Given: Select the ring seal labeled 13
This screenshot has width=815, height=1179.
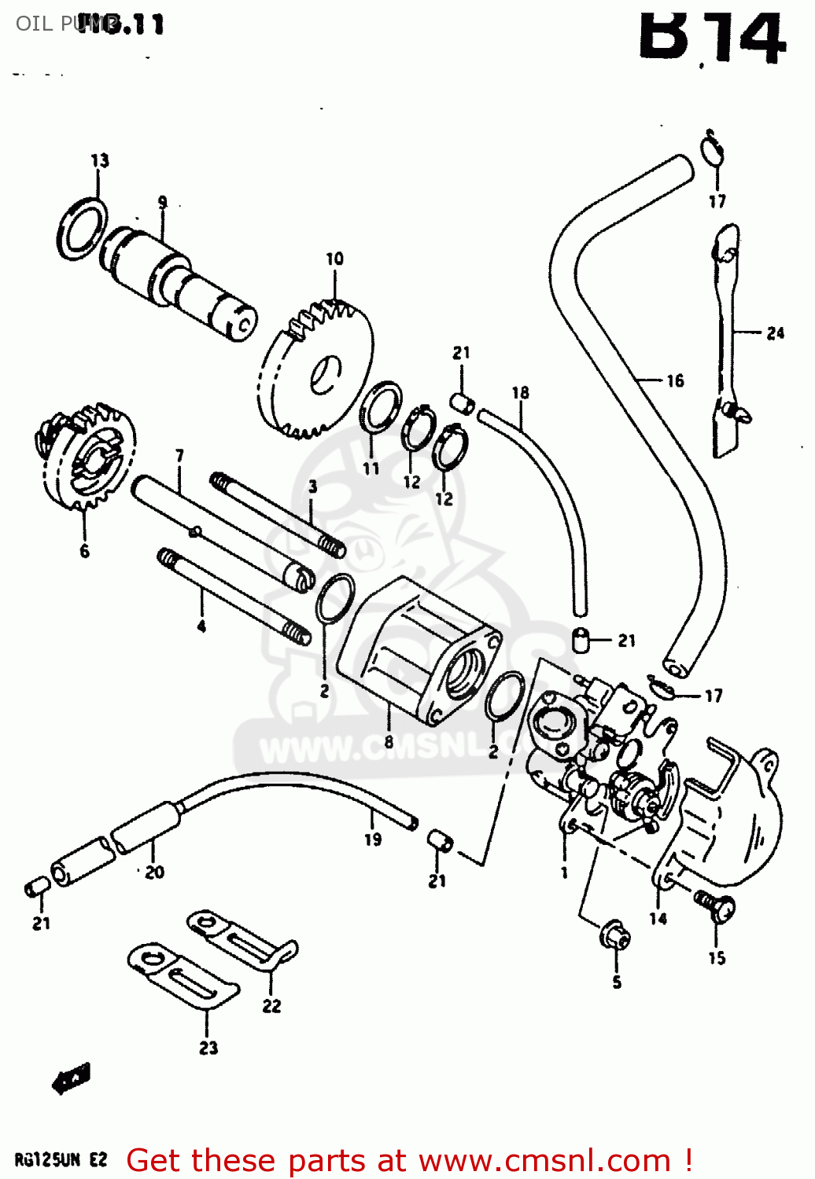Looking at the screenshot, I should coord(82,229).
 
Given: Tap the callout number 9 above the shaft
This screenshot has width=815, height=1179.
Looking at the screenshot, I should coord(162,202).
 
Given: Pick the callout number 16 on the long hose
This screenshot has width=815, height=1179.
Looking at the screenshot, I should coord(675,381).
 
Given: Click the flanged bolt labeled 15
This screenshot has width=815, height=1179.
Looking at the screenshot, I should coord(715,908).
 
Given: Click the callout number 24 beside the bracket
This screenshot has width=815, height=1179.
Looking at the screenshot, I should coord(775,333).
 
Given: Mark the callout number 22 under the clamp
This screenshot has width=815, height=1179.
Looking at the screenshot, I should coord(271,1005).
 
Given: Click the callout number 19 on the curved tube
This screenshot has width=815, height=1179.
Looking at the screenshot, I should coord(373,839).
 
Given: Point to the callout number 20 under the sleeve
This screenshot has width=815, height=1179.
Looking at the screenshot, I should coord(154,872).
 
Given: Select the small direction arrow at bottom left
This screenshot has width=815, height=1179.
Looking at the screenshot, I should coord(71,1078).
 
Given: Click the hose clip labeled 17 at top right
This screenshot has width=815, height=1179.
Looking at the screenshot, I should coord(712,149).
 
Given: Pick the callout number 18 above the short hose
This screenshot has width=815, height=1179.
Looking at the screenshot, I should coord(520,392).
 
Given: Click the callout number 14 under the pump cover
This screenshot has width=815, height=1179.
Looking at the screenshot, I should coord(658,918).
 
